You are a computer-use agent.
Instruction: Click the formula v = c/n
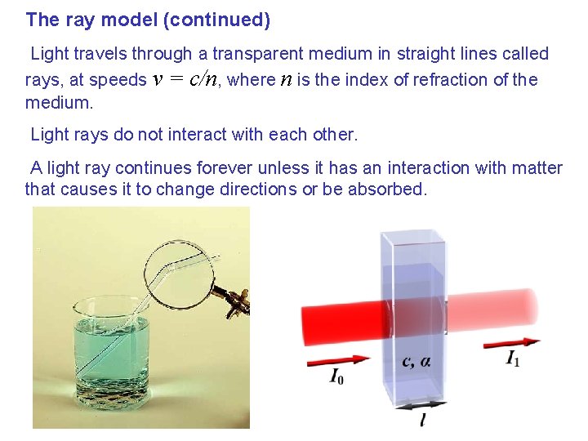(186, 80)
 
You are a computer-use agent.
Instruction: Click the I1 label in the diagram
(513, 359)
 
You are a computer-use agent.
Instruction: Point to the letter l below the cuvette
(421, 420)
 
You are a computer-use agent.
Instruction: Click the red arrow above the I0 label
(337, 359)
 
